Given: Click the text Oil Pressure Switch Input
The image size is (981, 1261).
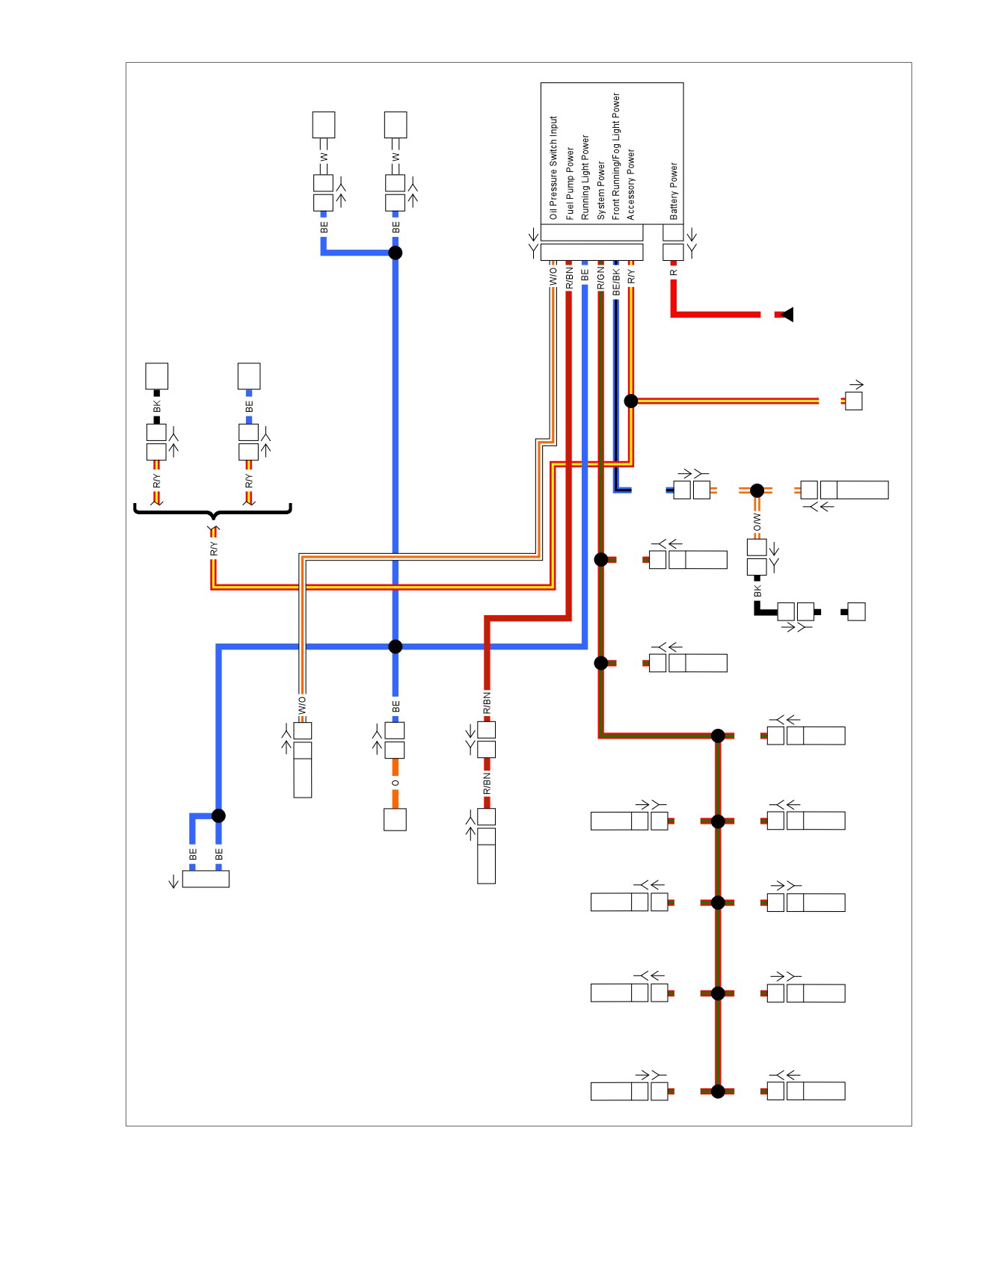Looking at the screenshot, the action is [553, 167].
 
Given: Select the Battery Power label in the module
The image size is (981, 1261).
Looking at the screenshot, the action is [674, 191].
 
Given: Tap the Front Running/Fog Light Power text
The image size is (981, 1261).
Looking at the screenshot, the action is [616, 155].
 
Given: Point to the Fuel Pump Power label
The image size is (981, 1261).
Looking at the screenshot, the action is [570, 183].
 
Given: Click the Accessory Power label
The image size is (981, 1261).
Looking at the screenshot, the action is [631, 184].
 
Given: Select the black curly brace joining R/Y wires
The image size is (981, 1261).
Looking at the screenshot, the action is [212, 512].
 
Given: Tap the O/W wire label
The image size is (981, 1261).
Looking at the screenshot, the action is [757, 522].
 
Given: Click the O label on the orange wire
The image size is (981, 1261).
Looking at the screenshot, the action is [396, 783].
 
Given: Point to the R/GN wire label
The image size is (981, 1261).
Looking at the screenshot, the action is [600, 278].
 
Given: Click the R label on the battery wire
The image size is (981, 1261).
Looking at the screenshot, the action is [674, 273].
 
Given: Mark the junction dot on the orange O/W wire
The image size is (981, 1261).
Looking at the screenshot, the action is [757, 490].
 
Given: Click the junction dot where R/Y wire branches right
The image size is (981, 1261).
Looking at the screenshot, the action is [631, 401].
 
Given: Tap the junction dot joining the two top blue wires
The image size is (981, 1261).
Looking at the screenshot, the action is [396, 253].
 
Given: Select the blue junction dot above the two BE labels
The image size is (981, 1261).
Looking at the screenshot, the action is [218, 816].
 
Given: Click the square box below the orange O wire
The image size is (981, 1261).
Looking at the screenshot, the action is [395, 819].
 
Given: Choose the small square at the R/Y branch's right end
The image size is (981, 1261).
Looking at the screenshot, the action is [853, 401].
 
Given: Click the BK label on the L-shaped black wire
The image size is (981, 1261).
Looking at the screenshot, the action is [757, 591].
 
